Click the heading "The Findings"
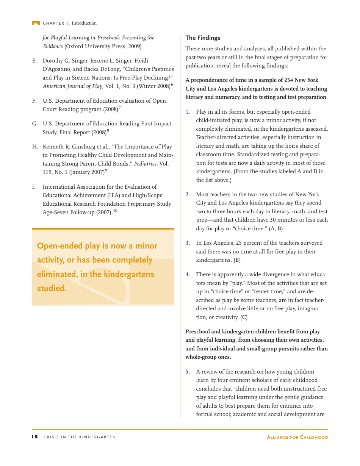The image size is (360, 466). (x=203, y=38)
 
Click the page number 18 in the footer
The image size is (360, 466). (x=34, y=437)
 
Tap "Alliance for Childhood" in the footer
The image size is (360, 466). (x=297, y=437)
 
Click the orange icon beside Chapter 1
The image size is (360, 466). (x=36, y=23)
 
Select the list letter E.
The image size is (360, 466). (x=34, y=61)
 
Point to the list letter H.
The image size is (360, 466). (x=34, y=147)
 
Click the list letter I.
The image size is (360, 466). (x=34, y=187)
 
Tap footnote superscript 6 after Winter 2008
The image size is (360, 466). (x=172, y=84)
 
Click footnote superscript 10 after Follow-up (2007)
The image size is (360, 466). (x=115, y=211)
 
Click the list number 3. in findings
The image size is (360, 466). (x=188, y=243)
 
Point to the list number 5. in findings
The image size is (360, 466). (x=188, y=372)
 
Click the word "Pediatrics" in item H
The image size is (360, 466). (x=146, y=164)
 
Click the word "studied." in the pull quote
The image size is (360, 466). (x=52, y=288)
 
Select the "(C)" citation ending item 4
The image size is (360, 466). (x=244, y=317)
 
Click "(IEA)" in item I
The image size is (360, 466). (x=112, y=195)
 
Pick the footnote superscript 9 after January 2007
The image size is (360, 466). (x=106, y=171)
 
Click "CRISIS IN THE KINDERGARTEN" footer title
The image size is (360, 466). (x=80, y=437)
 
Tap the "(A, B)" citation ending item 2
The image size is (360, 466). (x=275, y=228)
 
